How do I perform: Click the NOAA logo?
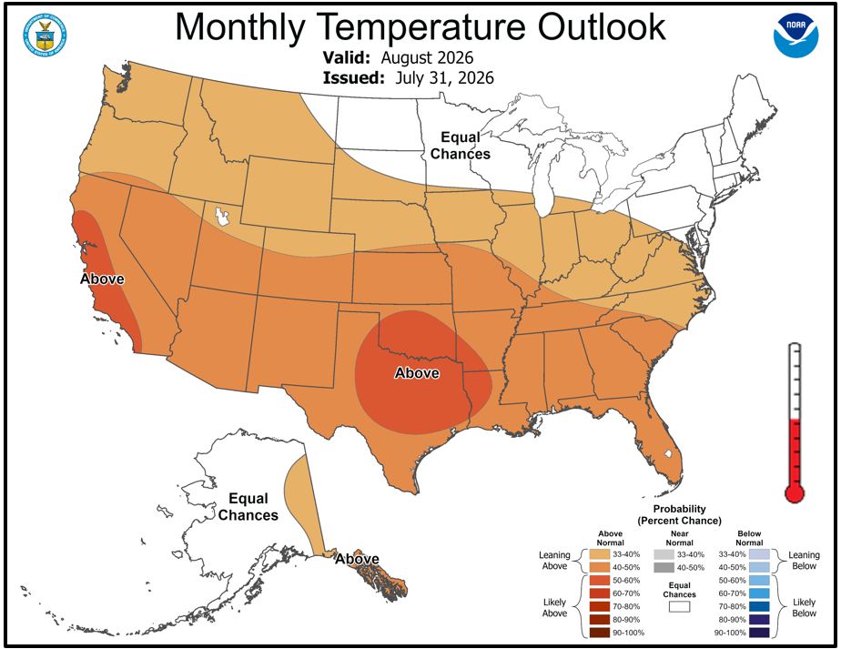(795, 35)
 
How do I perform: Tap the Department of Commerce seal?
(45, 35)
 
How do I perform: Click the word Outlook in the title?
(602, 26)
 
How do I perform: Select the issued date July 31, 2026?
(445, 77)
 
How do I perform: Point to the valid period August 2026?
(428, 58)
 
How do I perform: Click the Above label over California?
(102, 279)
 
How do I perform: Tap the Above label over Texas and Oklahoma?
(417, 373)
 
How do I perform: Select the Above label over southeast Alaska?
(357, 559)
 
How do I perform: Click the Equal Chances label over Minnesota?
(461, 146)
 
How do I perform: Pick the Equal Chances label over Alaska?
(248, 507)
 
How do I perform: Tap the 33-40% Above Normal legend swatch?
(600, 554)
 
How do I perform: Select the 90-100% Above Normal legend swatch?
(600, 633)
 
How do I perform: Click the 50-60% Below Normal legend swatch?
(759, 581)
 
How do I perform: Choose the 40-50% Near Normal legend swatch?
(664, 567)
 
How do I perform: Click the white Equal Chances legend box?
(679, 606)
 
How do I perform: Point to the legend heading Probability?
(679, 509)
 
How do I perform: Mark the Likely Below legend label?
(804, 608)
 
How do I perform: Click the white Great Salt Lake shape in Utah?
(221, 216)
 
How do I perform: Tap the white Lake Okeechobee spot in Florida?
(668, 453)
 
